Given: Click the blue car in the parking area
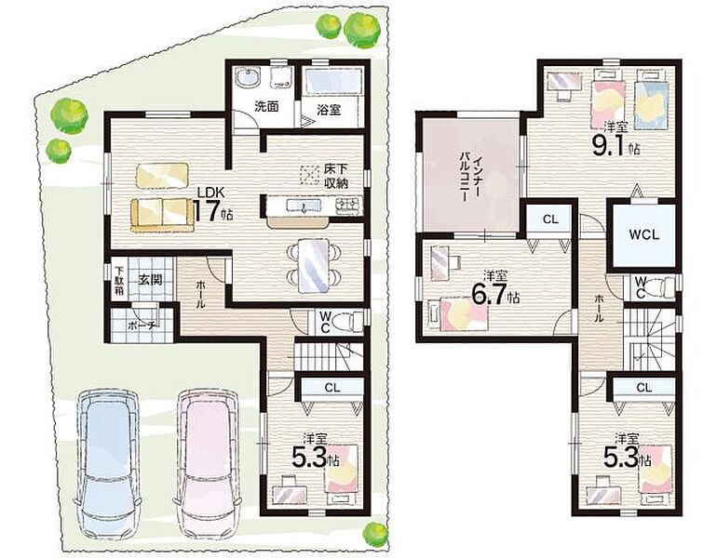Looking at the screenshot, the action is (108, 464).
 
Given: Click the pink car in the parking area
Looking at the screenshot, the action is (207, 464).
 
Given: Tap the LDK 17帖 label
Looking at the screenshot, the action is (212, 206).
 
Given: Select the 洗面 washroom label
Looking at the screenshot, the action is (266, 107).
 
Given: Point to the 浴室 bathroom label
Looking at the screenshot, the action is (329, 110).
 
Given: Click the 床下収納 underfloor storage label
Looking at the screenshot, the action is (336, 178).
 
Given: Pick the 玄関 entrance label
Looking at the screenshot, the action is (151, 279).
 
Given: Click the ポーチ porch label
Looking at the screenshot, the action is (142, 326).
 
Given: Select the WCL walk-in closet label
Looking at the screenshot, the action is (643, 235).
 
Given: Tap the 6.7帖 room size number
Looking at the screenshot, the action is (495, 297).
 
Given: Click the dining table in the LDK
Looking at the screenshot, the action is (313, 266).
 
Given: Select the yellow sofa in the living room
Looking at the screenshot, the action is (161, 215).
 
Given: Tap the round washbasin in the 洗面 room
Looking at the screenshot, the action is (249, 76).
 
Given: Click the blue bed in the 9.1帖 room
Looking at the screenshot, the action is (653, 103).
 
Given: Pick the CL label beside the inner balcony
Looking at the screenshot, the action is (550, 219).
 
